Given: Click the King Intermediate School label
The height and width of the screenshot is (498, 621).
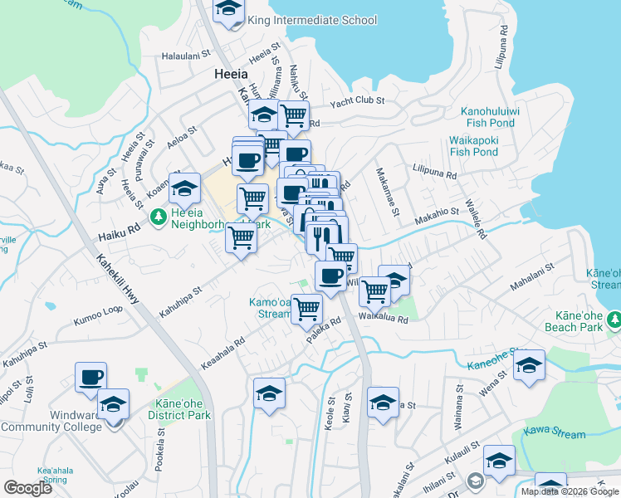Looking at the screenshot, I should [x=312, y=21].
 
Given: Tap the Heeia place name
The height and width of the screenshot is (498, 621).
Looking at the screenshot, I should [x=231, y=74].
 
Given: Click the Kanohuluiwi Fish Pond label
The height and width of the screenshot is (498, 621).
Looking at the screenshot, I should [x=500, y=117].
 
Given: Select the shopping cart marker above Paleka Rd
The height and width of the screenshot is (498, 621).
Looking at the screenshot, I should [x=306, y=308].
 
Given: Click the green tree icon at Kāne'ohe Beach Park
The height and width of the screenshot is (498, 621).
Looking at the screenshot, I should [x=614, y=319].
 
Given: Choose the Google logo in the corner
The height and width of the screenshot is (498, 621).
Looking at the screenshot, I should [x=28, y=488].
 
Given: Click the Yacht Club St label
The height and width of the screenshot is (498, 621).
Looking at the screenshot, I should [x=357, y=100].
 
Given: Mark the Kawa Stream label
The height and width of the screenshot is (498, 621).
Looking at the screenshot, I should [x=554, y=432].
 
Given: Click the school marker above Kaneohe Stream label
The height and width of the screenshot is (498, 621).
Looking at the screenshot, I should [x=529, y=365].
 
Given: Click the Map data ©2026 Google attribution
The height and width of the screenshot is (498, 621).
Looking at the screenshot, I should [x=570, y=491].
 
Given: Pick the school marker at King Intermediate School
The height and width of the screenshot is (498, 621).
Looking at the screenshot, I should [x=228, y=11].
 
